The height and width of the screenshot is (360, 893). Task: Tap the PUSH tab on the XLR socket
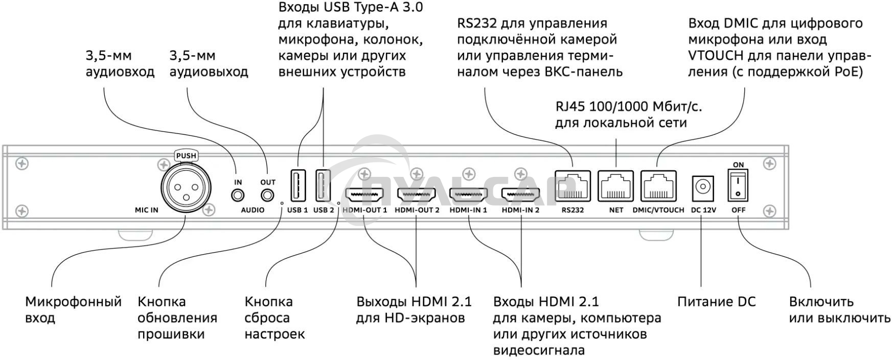pos(186,155)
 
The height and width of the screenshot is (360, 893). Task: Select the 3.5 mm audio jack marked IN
pos(238,195)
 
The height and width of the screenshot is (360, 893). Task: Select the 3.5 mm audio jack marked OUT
pos(267,195)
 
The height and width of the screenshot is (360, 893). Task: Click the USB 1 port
pos(297,185)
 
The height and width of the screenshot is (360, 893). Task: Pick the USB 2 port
pos(323,185)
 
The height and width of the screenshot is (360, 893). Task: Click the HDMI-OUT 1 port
pos(365,195)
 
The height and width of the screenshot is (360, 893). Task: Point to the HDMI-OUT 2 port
pos(417,195)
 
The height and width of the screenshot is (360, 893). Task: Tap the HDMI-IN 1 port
pos(468,195)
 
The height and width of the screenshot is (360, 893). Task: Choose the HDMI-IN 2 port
pos(520,195)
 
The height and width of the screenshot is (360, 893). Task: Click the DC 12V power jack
pos(703,188)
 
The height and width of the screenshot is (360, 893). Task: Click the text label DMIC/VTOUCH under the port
pos(658,210)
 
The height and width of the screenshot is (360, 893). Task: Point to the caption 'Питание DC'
pos(716,302)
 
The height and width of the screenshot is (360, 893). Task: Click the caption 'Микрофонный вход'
pos(73,309)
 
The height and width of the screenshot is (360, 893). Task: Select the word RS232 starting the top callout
pos(477,24)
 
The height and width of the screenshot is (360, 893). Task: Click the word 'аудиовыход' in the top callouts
pos(209,72)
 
